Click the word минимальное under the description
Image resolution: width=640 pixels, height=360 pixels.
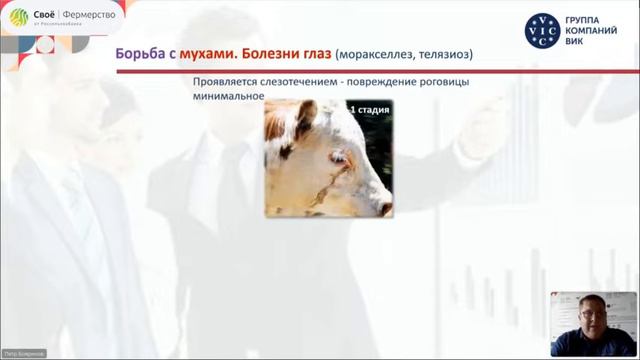pyautogui.click(x=229, y=97)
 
